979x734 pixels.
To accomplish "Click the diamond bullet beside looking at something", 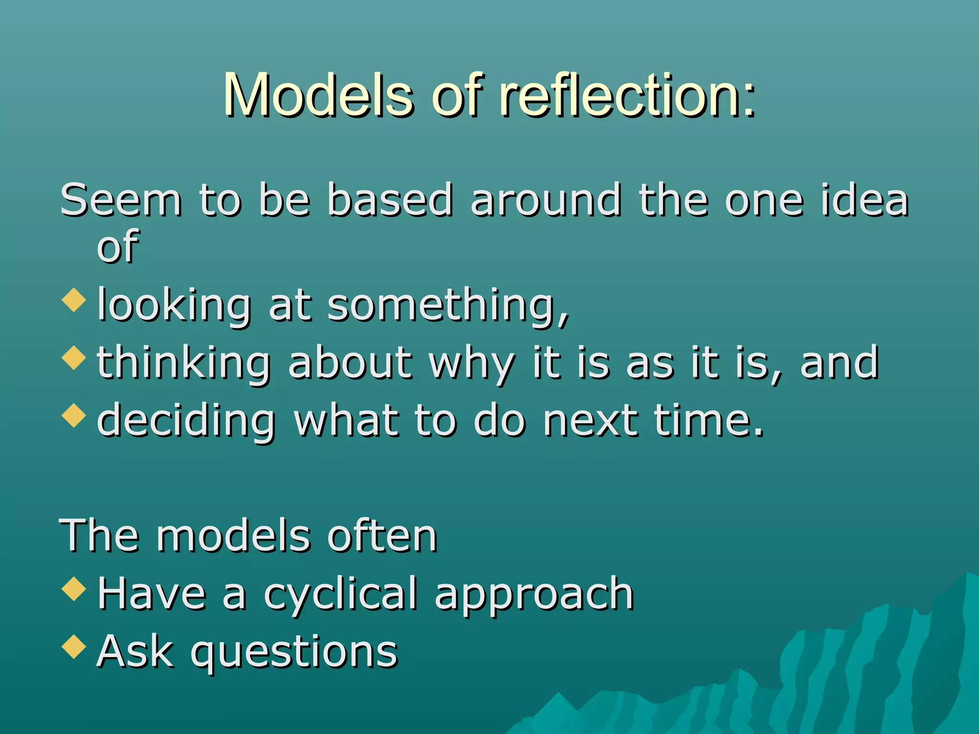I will pyautogui.click(x=74, y=300).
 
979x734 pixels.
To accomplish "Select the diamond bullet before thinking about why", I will pyautogui.click(x=74, y=357).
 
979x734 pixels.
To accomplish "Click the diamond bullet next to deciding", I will pyautogui.click(x=74, y=415).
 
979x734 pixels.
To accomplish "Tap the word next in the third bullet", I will pyautogui.click(x=590, y=421).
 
